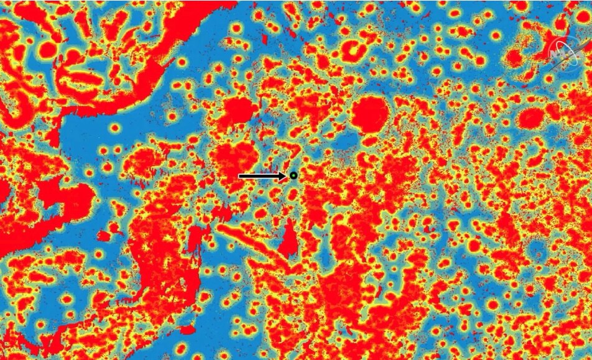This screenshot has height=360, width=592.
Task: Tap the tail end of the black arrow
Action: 240,176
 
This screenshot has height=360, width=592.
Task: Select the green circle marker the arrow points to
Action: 294,176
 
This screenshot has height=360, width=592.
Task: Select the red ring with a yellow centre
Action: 354,50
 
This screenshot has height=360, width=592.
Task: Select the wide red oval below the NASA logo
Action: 530,118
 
